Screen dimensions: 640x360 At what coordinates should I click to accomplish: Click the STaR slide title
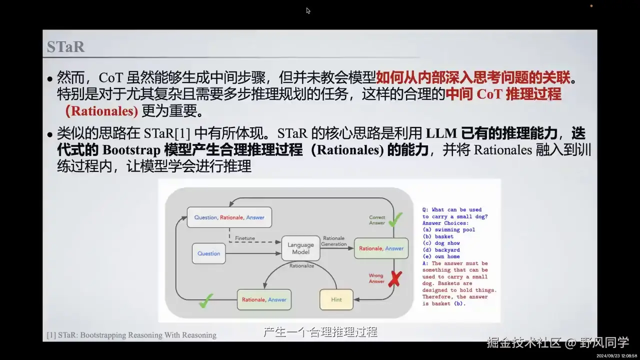[x=65, y=46]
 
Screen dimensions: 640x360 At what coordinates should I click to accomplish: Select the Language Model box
[x=301, y=248]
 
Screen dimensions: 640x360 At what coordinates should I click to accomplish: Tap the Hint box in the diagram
[x=336, y=299]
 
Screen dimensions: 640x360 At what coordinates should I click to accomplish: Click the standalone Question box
[x=208, y=253]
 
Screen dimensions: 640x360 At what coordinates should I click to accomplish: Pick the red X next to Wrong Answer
[x=395, y=279]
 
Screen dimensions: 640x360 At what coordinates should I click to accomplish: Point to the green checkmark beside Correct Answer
[x=395, y=219]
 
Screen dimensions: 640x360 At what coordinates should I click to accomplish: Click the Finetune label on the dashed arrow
[x=244, y=238]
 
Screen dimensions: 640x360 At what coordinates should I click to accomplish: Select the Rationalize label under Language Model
[x=301, y=266]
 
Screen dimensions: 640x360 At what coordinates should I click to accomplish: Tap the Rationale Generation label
[x=334, y=241]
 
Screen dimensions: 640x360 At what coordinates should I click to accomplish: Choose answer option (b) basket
[x=438, y=236]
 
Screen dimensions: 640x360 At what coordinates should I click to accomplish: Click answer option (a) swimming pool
[x=448, y=230]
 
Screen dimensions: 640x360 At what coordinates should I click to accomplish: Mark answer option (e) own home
[x=441, y=256]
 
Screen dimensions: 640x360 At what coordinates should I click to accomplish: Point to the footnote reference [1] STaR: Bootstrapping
[x=131, y=335]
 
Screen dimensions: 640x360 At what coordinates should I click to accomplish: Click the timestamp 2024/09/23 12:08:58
[x=616, y=355]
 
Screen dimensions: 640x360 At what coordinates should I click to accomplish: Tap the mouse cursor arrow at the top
[x=308, y=10]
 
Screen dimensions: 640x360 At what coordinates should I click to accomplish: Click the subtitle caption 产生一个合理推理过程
[x=320, y=332]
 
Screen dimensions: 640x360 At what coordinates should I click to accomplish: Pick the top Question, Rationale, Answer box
[x=229, y=217]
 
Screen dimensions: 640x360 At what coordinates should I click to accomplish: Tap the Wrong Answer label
[x=376, y=278]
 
